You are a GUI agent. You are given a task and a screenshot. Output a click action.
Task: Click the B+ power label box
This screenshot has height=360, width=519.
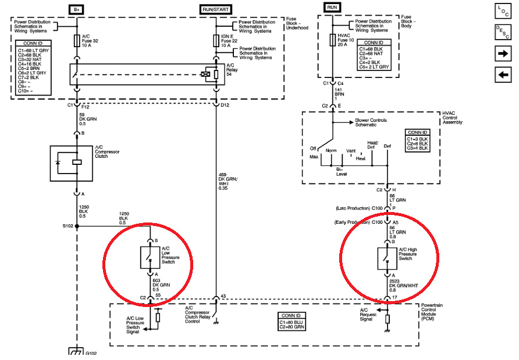(x=76, y=9)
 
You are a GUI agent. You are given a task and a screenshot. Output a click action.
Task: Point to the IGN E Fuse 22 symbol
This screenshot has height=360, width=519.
(x=216, y=41)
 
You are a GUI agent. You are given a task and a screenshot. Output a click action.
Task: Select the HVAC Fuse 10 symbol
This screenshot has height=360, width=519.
(x=332, y=40)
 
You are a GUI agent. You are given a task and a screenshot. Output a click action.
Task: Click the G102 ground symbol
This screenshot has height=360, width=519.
(x=76, y=352)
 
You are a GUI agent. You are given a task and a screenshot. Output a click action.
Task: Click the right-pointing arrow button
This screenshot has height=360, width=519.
(x=502, y=53)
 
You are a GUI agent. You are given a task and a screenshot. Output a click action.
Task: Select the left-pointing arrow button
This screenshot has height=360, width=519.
(x=502, y=75)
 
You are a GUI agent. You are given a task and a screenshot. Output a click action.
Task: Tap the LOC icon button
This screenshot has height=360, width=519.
(x=502, y=10)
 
